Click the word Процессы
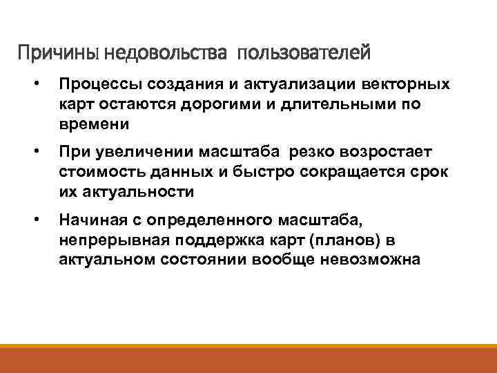95,85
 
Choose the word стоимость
97,171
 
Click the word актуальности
135,191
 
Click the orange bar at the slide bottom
248,359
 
